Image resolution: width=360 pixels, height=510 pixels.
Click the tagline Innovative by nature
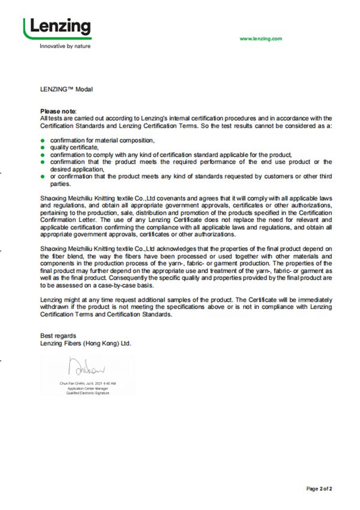click(x=65, y=46)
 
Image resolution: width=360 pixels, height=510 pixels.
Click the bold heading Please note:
click(x=58, y=112)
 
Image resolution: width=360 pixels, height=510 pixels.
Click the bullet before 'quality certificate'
click(x=43, y=147)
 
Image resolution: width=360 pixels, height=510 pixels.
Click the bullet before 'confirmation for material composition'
click(x=43, y=140)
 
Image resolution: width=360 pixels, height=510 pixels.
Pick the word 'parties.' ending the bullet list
click(x=61, y=184)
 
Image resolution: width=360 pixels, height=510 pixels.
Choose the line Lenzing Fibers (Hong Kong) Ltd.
click(x=85, y=343)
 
